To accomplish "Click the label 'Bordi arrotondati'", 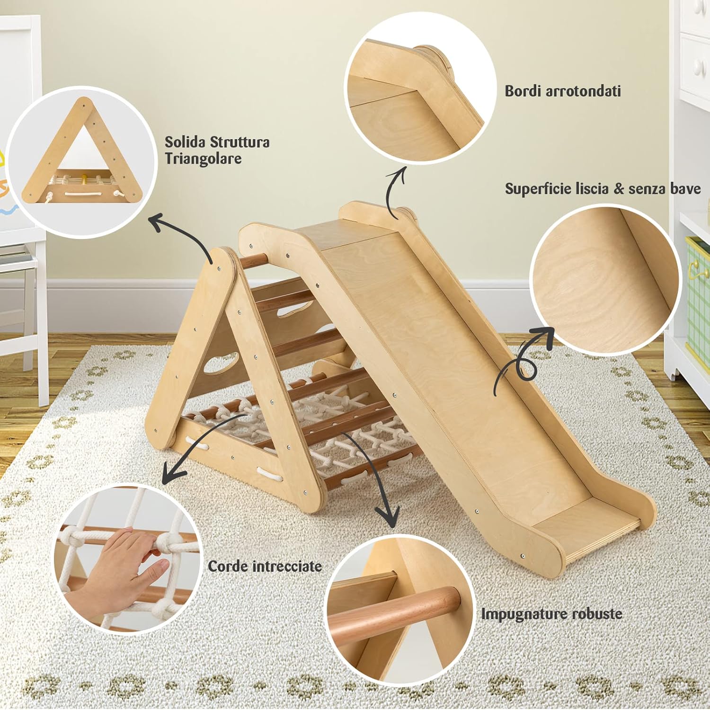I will pos(562,91).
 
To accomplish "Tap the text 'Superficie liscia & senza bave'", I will pos(602,189).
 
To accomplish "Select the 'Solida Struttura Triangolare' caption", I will pos(217,150).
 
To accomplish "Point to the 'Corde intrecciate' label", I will pos(265,566).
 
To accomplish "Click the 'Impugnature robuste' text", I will pos(551,614).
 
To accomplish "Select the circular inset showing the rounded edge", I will pos(419,88).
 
